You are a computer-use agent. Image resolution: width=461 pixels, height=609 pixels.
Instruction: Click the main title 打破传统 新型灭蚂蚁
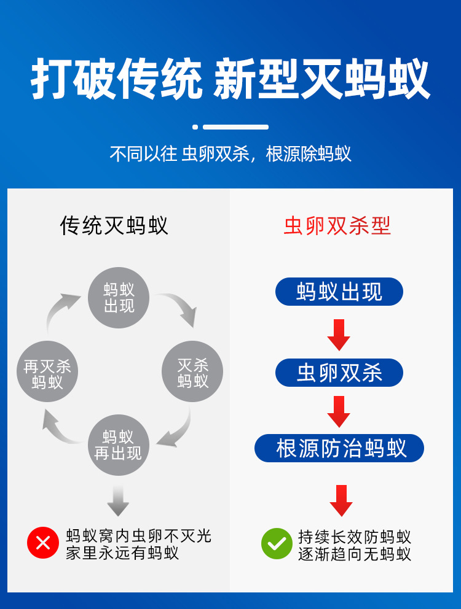[230, 80]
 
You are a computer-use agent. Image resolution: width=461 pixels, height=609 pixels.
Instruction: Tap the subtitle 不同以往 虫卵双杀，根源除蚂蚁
[230, 153]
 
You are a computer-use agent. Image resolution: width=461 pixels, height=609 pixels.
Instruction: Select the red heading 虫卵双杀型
[337, 226]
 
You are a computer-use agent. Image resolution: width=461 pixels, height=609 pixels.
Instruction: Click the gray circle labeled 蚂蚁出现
[119, 298]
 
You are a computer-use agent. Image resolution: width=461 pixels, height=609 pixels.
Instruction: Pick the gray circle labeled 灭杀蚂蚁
[192, 372]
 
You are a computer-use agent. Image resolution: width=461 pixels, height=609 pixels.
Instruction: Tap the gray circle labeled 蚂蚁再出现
[118, 445]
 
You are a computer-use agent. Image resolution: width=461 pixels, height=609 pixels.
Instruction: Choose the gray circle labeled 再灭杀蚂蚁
[47, 372]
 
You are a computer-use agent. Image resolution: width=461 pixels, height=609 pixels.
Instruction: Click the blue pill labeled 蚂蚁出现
[339, 292]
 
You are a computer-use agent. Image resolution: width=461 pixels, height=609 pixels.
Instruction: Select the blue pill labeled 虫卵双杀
[339, 373]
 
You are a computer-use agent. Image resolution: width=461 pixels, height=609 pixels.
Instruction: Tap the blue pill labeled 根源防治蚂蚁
[339, 448]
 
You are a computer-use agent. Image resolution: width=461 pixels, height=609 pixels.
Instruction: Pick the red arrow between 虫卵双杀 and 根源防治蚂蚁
[339, 411]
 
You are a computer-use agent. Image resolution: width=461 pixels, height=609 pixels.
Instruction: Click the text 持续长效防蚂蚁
[355, 537]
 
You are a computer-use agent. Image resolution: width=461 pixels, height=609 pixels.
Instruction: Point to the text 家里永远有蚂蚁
[122, 553]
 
